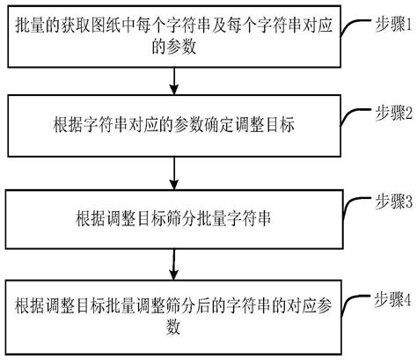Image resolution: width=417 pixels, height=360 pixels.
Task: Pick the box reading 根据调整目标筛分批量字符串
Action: coord(173,217)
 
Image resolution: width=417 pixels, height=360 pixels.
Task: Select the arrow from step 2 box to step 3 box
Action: coord(174,171)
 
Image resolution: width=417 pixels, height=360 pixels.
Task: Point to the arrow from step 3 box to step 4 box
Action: coord(174,263)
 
